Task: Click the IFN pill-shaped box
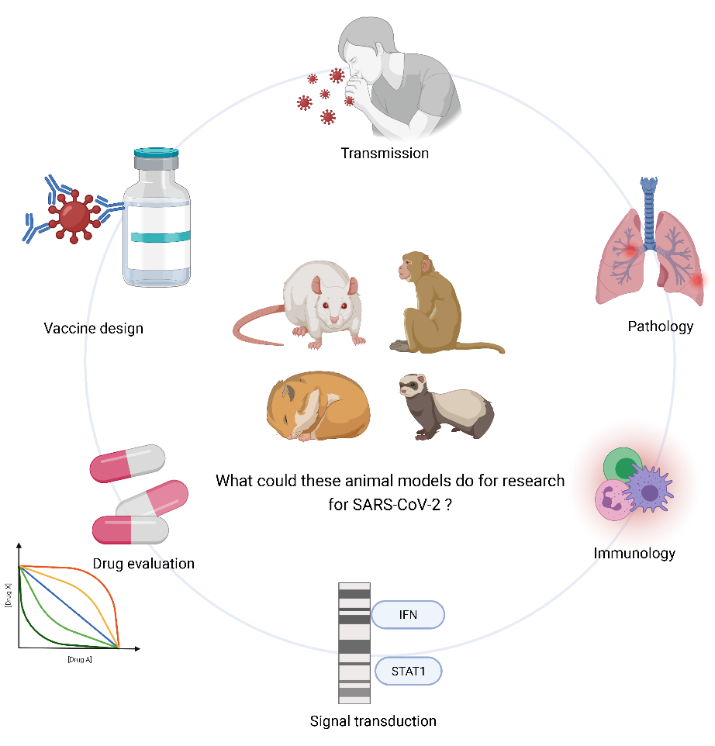407,616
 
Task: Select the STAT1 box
408,671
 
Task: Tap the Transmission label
385,153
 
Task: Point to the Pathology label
660,326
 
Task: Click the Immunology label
634,553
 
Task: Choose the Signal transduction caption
373,721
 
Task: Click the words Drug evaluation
143,563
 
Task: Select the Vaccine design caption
94,328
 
